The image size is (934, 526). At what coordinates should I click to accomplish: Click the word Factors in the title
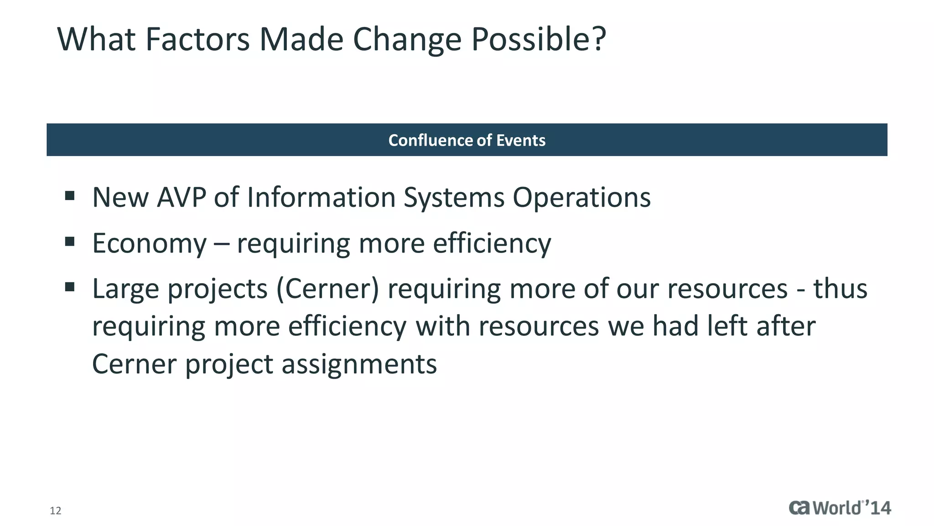point(197,39)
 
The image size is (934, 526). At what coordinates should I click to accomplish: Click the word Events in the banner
point(521,140)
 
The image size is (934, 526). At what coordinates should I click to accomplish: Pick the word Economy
point(149,243)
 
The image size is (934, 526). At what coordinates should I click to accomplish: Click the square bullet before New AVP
point(70,196)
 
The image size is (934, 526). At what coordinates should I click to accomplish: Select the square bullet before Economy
point(70,241)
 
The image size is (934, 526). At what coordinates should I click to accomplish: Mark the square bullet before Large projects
point(70,287)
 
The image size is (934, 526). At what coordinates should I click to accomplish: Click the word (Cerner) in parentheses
point(327,289)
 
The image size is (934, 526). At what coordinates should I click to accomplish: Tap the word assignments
point(359,364)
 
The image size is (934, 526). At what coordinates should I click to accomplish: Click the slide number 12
point(55,510)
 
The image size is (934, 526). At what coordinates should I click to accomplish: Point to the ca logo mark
point(799,508)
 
